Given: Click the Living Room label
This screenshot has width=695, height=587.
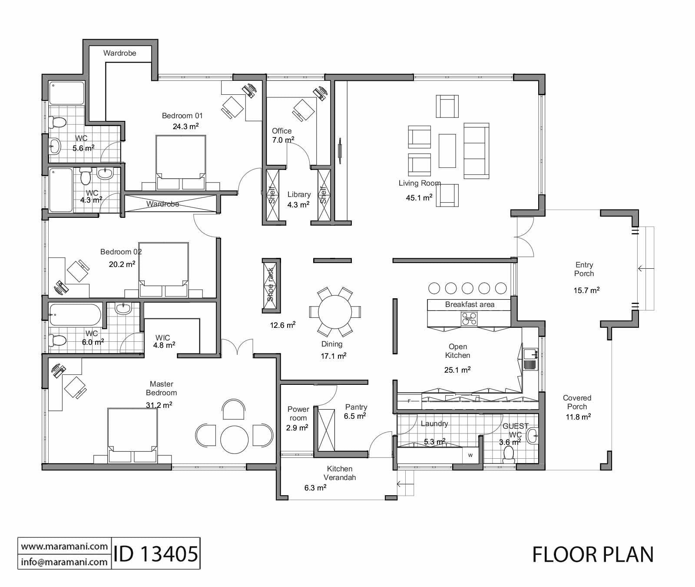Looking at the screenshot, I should (419, 183).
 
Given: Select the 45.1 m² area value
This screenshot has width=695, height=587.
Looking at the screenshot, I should (419, 197).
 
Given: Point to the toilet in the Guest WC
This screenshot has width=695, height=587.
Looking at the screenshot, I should (508, 454).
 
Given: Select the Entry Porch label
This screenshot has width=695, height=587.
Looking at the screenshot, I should (584, 269).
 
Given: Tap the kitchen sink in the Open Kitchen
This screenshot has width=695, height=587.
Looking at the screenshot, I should (530, 359).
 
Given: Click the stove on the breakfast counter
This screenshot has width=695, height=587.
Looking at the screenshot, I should (469, 320).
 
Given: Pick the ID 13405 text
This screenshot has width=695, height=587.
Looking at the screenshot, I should (156, 554).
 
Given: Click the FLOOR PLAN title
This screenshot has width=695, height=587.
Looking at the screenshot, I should (592, 554).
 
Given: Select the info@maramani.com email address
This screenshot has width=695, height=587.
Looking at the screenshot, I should (64, 562).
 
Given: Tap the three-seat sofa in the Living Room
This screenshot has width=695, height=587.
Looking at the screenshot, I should (477, 150).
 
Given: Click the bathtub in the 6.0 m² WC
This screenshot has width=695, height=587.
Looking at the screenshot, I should (75, 314).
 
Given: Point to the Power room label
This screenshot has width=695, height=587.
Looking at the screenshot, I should (298, 414).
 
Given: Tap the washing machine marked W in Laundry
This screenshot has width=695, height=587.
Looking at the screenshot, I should (470, 455).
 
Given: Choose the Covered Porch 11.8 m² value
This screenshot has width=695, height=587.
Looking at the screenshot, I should (577, 417).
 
